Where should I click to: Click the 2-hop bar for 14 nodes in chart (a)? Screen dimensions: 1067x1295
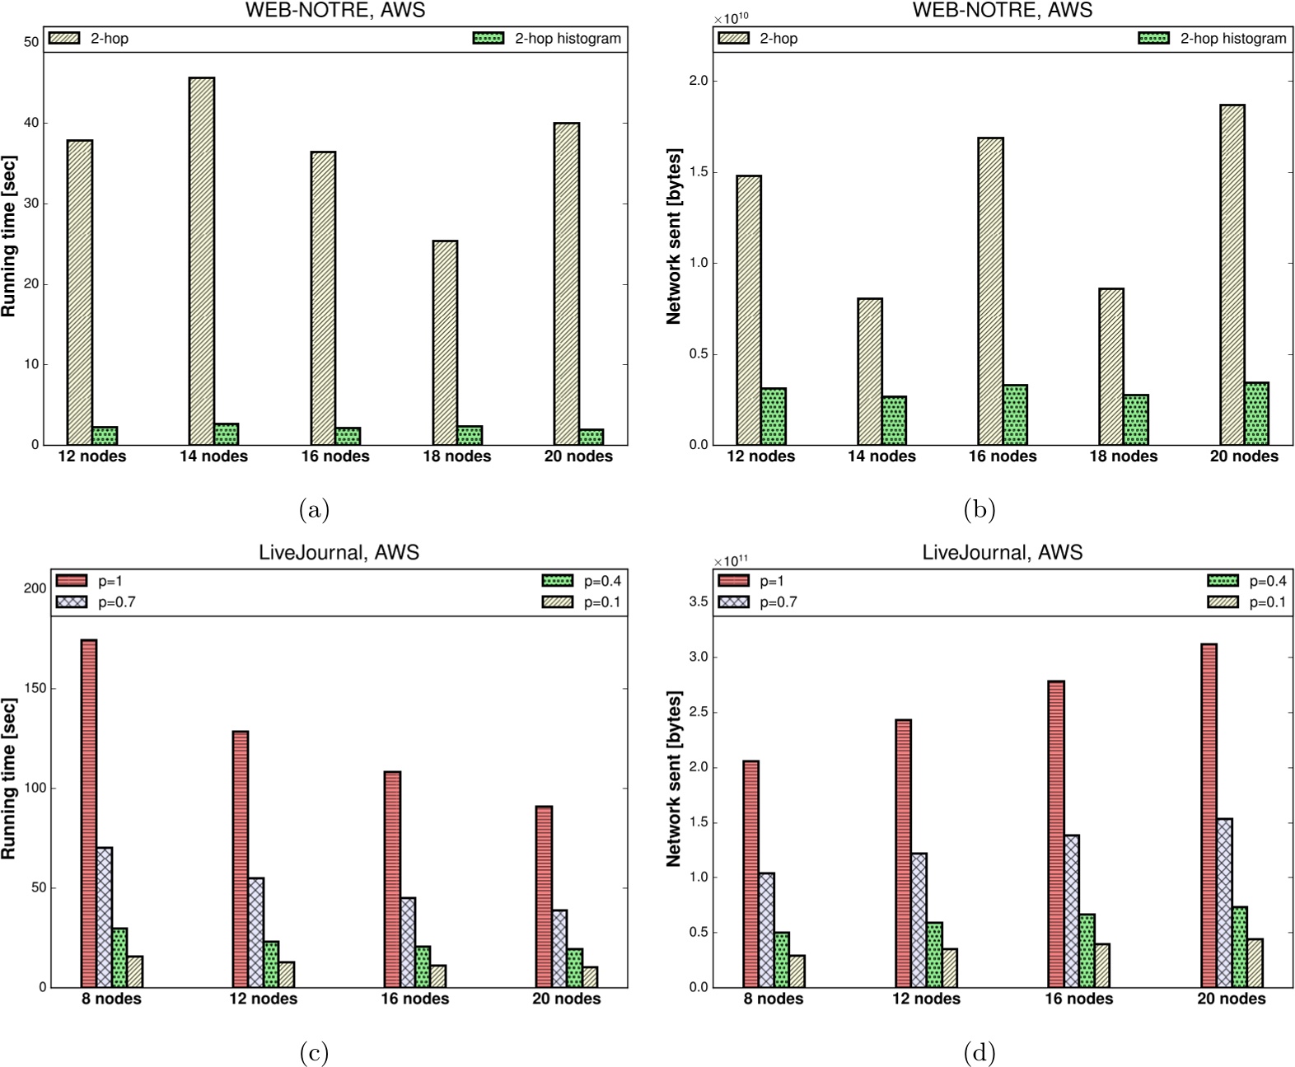click(x=202, y=261)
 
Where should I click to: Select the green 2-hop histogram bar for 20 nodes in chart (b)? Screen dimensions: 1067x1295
click(x=1256, y=414)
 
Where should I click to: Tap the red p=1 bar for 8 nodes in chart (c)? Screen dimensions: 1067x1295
click(x=88, y=813)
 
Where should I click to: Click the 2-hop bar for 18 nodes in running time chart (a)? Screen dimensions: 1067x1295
click(x=445, y=343)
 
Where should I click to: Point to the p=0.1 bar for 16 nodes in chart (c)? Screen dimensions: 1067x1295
click(x=438, y=976)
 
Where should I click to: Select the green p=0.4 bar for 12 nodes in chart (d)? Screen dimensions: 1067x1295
click(x=934, y=955)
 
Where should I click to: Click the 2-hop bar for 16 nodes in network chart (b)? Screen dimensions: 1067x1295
click(x=990, y=292)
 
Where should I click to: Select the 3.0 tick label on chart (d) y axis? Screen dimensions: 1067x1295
click(x=699, y=658)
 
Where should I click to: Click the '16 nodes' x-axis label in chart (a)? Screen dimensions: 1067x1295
click(x=335, y=456)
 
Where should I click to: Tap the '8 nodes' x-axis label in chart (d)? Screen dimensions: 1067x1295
click(x=774, y=999)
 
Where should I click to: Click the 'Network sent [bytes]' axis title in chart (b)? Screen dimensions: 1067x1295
click(x=674, y=236)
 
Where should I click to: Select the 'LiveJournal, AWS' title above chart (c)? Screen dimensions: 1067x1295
click(x=339, y=552)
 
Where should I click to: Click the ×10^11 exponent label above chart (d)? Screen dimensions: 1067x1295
click(x=731, y=560)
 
